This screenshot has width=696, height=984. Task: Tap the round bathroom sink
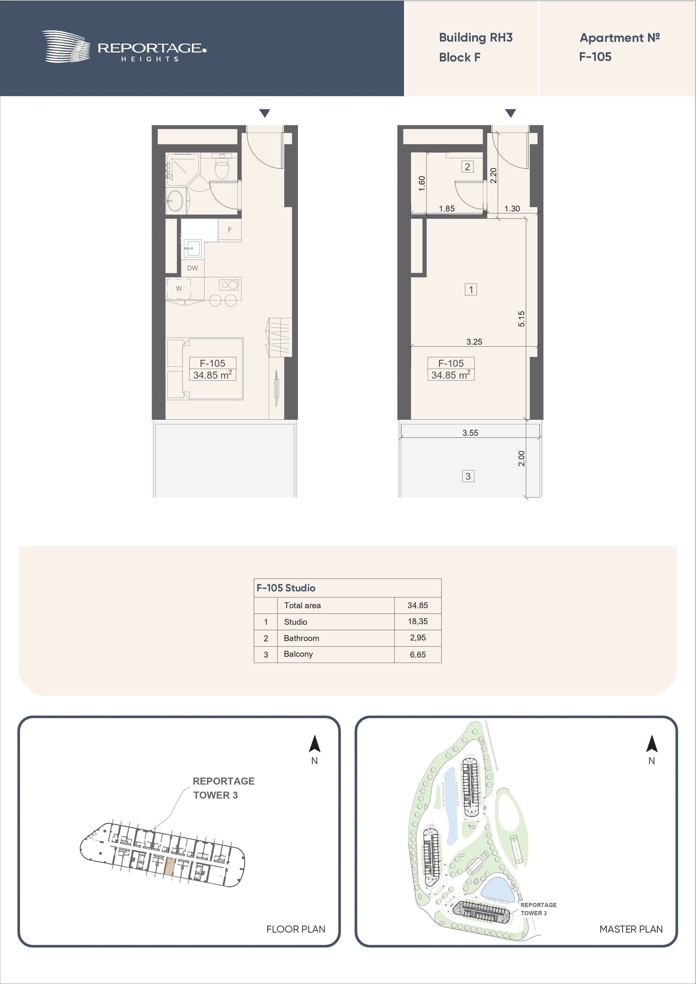tap(174, 201)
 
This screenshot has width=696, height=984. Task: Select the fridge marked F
tap(229, 230)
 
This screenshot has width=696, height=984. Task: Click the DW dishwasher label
tap(192, 268)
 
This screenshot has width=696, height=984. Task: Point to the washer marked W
tap(179, 288)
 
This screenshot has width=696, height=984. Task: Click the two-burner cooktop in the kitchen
tap(229, 284)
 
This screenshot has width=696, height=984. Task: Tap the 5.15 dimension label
tap(521, 318)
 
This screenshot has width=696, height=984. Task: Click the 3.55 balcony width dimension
tap(470, 433)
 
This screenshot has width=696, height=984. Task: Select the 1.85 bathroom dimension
tap(447, 209)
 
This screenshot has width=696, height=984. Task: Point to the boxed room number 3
tap(468, 476)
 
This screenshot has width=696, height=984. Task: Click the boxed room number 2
tap(467, 167)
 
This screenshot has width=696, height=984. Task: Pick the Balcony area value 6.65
tap(418, 654)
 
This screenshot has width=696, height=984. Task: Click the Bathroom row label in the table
tap(302, 638)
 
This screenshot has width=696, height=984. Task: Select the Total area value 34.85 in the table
tap(418, 605)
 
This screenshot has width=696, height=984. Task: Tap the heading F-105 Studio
tap(286, 588)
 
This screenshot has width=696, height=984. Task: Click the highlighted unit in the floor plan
tap(170, 866)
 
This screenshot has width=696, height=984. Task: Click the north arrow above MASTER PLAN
tap(652, 744)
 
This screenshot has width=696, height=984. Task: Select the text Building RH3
tap(476, 38)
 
